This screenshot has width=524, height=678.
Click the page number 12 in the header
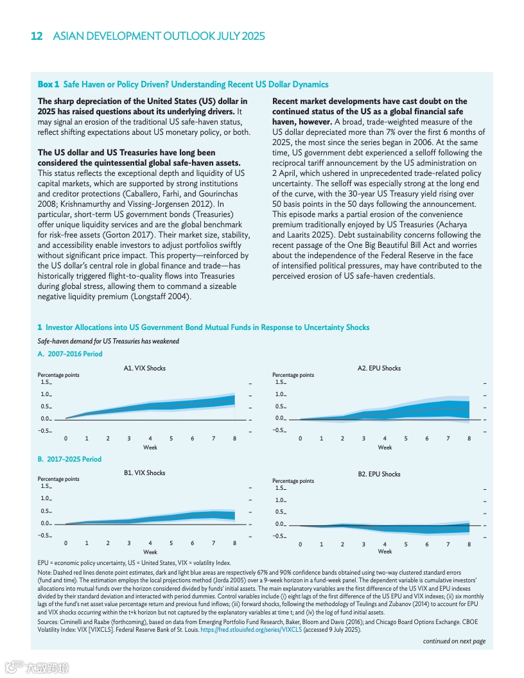point(37,36)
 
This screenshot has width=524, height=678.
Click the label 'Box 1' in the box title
point(48,84)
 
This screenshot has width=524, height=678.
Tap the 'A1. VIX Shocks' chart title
point(144,368)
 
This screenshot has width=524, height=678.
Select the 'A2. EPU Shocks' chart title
point(379,368)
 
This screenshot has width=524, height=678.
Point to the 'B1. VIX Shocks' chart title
point(144,473)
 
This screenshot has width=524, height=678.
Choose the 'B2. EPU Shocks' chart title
point(379,474)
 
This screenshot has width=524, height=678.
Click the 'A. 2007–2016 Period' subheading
point(70,354)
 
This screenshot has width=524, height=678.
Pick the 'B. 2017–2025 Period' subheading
point(69,459)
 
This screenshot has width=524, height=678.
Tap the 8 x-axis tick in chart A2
point(469,439)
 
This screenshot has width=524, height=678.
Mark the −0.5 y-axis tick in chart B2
point(279,537)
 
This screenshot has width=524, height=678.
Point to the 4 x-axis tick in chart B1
point(150,543)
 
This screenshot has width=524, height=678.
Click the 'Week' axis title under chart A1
point(150,447)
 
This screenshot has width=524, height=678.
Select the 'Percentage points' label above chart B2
point(293,480)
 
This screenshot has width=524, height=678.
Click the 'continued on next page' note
point(453,641)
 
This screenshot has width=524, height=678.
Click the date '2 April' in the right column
point(287,173)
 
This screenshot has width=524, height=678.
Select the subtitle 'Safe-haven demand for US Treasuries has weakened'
point(108,341)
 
